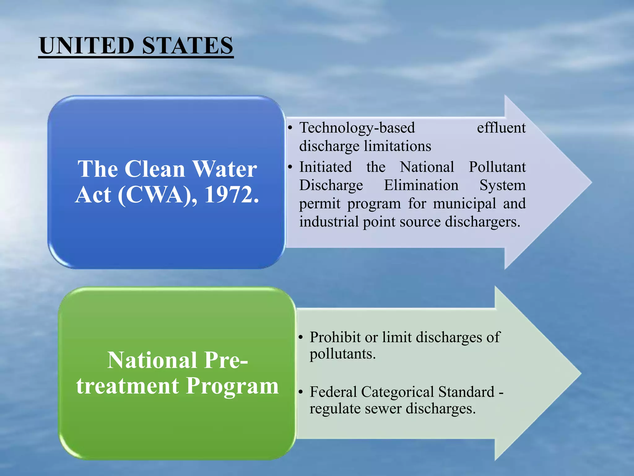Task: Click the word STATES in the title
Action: pos(187,46)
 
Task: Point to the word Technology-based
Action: pos(357,128)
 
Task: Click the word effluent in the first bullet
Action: pos(501,128)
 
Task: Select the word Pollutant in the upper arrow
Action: pos(497,167)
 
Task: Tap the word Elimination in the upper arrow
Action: pos(421,185)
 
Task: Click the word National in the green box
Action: pos(152,360)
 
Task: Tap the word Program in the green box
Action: pos(232,386)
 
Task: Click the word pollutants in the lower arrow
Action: pos(342,354)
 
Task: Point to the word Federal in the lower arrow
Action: pos(333,392)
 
